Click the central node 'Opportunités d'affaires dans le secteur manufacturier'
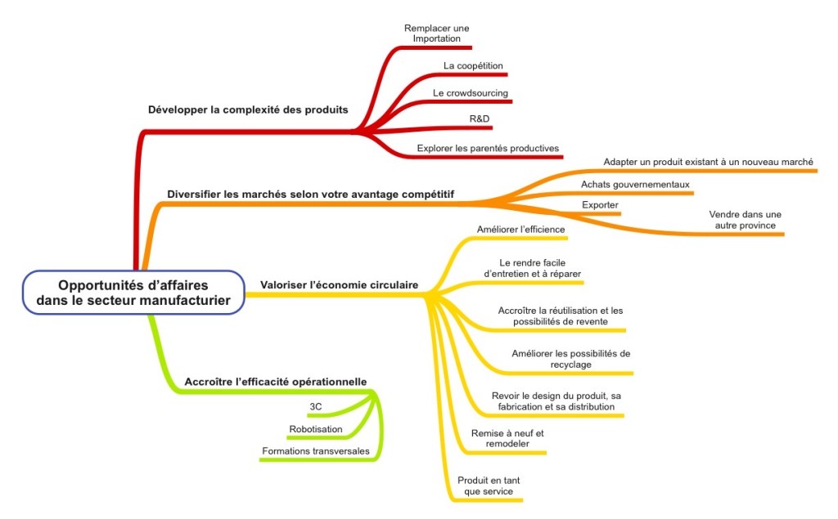point(133,293)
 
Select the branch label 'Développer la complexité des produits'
point(247,110)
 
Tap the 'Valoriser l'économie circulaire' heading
point(339,285)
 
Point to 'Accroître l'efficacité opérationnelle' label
point(275,382)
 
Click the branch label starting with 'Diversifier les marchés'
point(311,195)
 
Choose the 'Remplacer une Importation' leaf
point(437,33)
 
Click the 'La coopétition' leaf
point(473,65)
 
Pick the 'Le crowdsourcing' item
point(471,93)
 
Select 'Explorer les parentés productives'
point(488,149)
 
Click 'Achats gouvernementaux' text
point(636,184)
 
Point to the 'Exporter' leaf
point(599,204)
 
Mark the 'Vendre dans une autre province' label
point(745,219)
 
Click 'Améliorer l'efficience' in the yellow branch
point(521,230)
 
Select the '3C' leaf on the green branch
point(315,406)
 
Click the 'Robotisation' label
point(316,429)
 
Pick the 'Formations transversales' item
point(316,451)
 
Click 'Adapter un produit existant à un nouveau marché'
point(709,162)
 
